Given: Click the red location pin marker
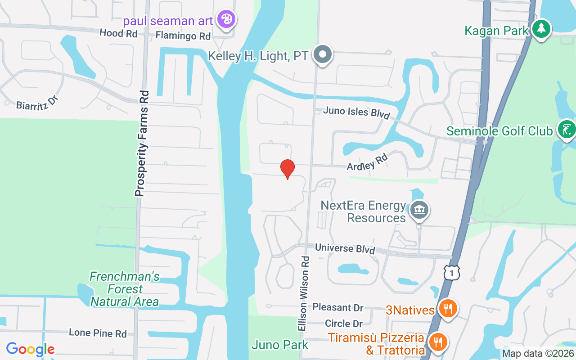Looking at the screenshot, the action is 288,169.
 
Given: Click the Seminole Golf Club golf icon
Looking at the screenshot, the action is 567,129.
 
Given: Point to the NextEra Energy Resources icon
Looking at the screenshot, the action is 419,210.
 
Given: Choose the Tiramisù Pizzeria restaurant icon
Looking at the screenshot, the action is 436,342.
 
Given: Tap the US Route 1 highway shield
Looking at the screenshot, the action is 451,273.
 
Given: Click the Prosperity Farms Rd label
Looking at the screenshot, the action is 142,144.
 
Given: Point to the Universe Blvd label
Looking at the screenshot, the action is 345,248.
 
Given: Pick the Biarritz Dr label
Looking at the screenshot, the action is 38,101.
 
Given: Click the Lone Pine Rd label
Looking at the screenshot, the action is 98,333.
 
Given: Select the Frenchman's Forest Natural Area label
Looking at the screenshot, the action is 124,289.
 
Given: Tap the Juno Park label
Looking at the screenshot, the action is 280,345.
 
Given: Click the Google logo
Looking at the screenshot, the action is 30,349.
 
